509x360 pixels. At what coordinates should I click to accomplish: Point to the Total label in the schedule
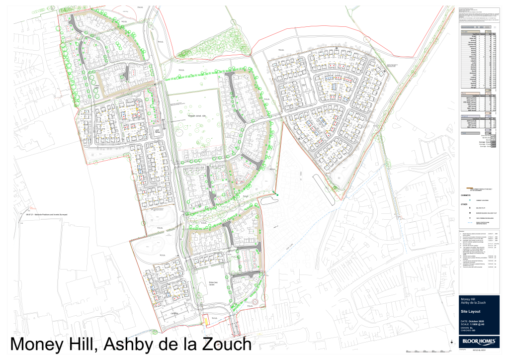(464, 133)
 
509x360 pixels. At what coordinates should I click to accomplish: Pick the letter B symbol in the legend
(470, 209)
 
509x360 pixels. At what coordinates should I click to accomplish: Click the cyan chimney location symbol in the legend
(470, 199)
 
